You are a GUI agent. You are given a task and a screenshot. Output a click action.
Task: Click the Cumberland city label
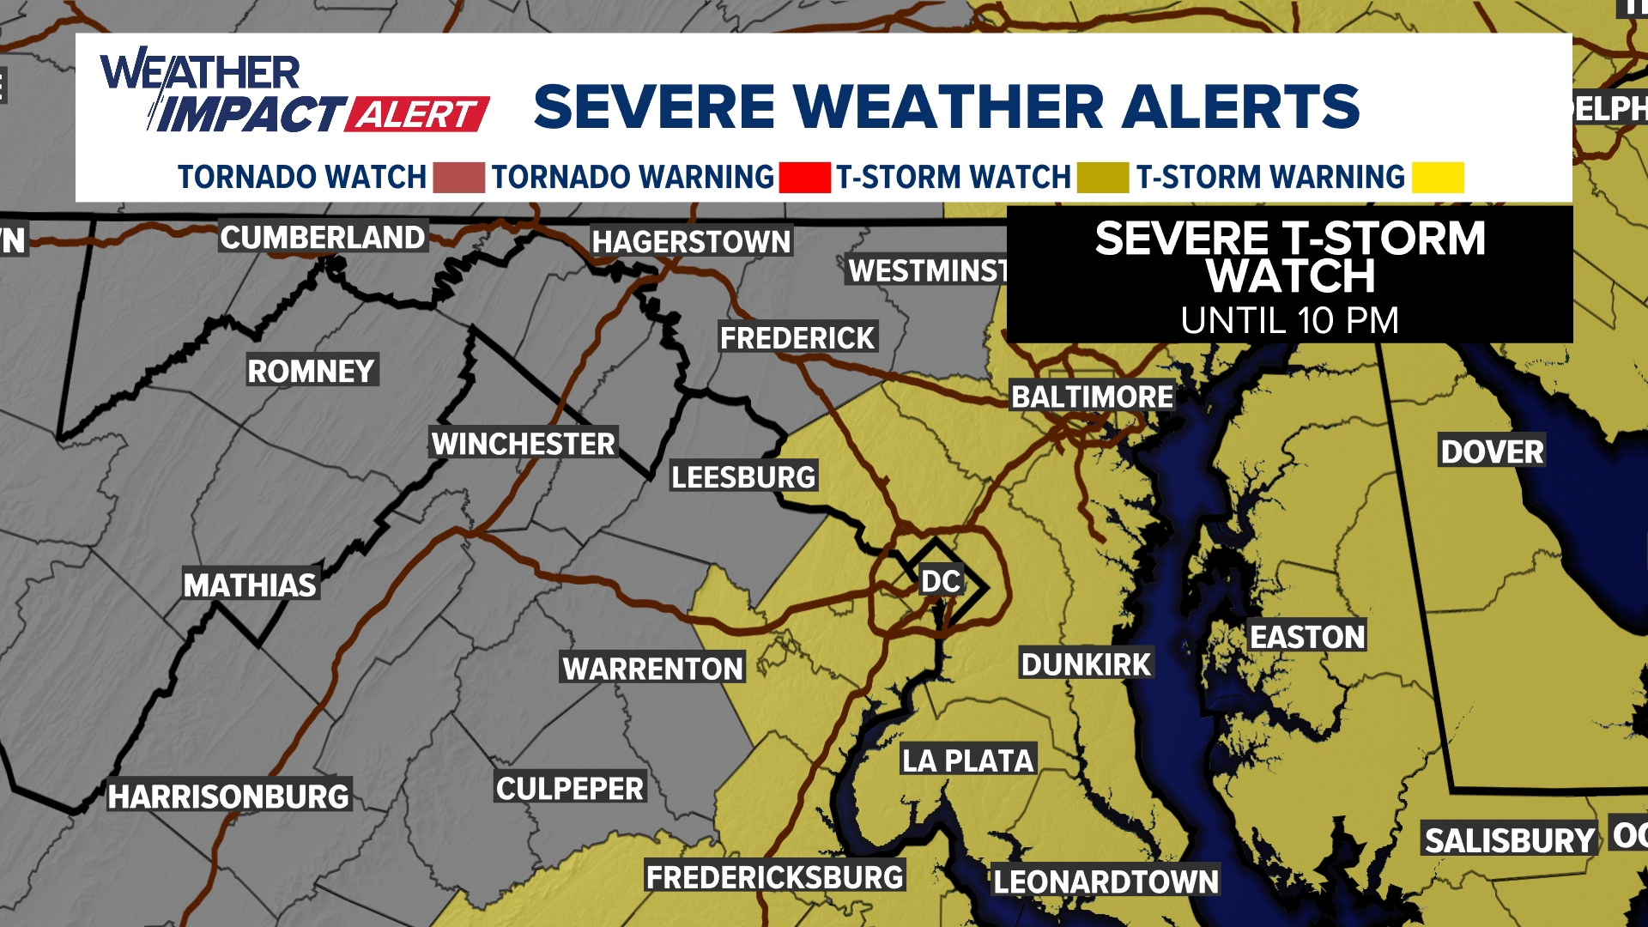(x=323, y=237)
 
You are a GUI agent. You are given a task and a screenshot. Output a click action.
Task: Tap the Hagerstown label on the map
(x=691, y=242)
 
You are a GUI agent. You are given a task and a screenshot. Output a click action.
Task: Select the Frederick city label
(x=797, y=338)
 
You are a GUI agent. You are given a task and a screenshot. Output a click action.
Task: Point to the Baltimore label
(x=1092, y=397)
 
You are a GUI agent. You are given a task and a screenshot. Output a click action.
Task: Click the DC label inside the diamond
(x=941, y=581)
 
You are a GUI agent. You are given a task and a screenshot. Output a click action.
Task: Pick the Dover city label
(x=1492, y=451)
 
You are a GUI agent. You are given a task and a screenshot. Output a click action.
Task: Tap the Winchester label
(x=523, y=444)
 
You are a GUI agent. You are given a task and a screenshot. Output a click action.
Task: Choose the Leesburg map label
(x=743, y=476)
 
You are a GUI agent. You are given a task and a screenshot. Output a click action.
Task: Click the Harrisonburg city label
(x=228, y=797)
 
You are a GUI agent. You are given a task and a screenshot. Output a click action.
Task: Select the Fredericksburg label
(x=775, y=877)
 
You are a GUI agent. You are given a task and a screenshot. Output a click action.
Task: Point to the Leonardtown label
(x=1106, y=882)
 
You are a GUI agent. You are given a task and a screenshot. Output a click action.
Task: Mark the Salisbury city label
(x=1510, y=840)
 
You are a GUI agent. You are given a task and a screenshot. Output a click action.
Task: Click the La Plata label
(x=968, y=760)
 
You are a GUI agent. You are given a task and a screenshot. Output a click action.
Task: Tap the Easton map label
(x=1307, y=637)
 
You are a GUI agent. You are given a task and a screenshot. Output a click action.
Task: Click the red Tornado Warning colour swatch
(x=804, y=177)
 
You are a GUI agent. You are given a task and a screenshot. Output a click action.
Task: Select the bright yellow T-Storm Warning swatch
(x=1438, y=177)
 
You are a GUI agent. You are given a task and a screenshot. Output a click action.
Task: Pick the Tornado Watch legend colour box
(x=458, y=177)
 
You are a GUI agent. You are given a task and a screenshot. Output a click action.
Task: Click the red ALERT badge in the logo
(x=417, y=114)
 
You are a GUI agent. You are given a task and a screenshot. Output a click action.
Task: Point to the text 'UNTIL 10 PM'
(x=1289, y=321)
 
